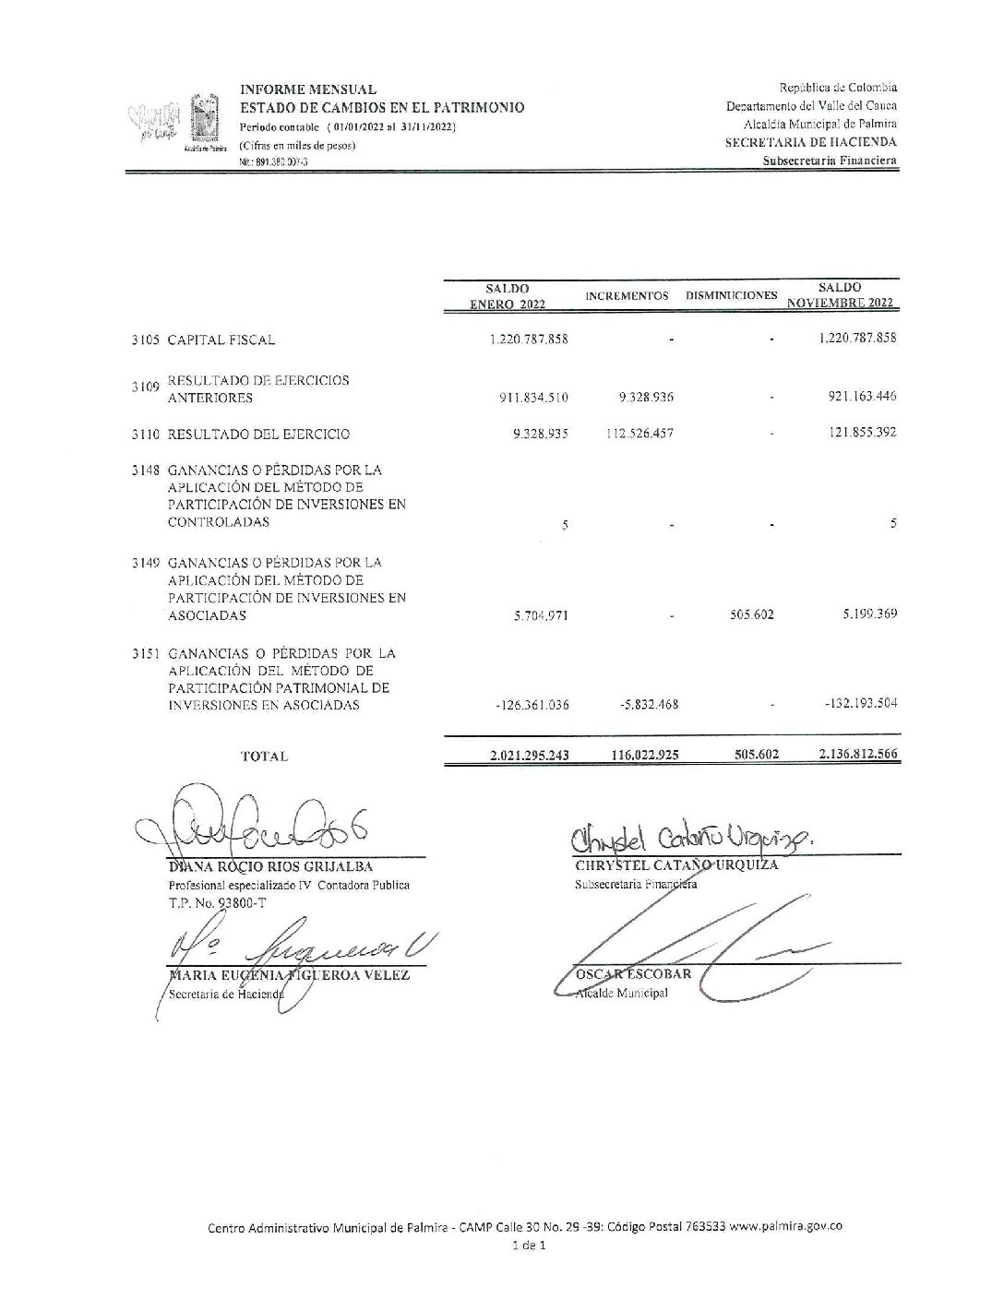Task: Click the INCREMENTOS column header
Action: pos(627,295)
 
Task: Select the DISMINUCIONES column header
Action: pos(731,295)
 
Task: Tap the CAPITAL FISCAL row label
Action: pos(221,340)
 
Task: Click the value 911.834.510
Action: pos(534,398)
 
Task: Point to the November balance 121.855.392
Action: pos(856,433)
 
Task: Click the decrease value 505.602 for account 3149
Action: pos(751,614)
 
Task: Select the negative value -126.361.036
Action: pos(532,705)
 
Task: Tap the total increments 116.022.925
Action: pos(644,755)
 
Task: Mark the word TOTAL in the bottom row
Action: pos(264,756)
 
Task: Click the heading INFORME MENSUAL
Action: pos(308,89)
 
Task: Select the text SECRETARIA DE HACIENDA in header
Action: pos(810,142)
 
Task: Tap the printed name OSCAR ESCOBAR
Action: pos(633,974)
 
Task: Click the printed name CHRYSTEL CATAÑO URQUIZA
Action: pos(676,865)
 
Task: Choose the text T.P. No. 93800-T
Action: pos(217,903)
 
